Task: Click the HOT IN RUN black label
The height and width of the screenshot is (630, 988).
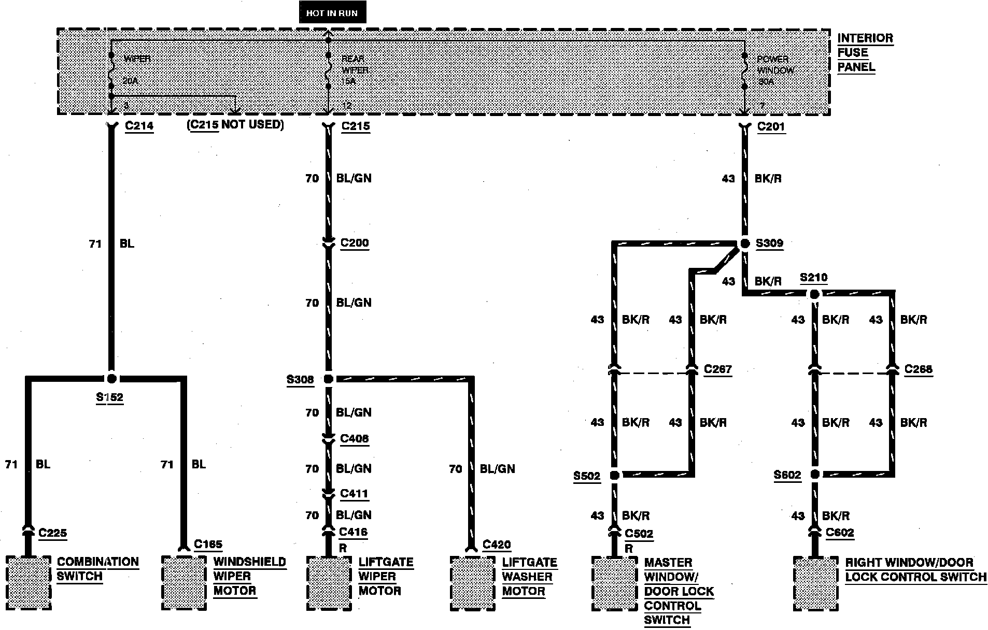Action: (332, 13)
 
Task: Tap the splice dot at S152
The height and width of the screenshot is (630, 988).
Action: (111, 378)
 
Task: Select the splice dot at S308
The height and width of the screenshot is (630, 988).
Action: (328, 379)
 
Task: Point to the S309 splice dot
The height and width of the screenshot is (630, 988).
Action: (745, 243)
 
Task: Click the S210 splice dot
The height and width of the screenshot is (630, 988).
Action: (814, 294)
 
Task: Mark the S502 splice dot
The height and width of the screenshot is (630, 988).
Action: (614, 475)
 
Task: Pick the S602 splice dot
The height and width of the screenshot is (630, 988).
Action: (815, 475)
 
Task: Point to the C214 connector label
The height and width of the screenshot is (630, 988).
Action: (139, 126)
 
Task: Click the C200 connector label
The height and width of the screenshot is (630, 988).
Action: (355, 243)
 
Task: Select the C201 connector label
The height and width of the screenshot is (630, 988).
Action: (771, 126)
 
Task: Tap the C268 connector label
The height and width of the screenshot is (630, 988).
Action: (918, 369)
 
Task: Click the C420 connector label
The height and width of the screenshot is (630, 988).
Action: (496, 545)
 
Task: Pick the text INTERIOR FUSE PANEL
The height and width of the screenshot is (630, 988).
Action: (865, 52)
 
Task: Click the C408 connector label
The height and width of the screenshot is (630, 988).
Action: (354, 439)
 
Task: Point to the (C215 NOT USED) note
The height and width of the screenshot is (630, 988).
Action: (235, 125)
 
